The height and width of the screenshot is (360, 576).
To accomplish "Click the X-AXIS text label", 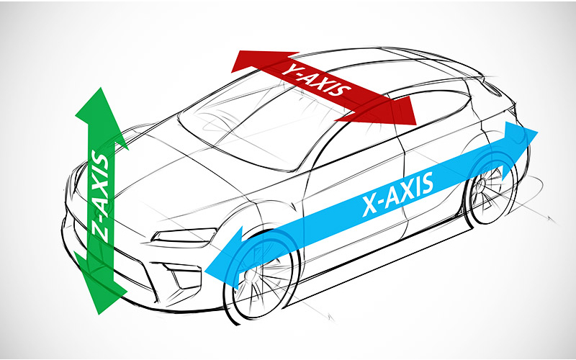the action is tap(398, 194).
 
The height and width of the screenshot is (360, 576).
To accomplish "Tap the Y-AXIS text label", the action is tap(316, 79).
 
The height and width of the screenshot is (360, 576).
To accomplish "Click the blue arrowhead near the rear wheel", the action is tap(518, 145).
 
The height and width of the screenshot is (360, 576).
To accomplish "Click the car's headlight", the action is tap(184, 236).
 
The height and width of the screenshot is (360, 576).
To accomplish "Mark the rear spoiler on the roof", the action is tap(492, 85).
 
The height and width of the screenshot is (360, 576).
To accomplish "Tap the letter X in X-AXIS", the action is tap(369, 207).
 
